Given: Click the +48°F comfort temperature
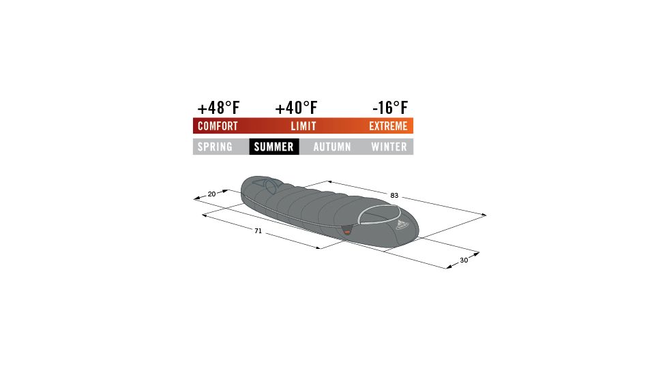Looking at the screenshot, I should [218, 108].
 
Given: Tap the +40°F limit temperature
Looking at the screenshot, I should [297, 108].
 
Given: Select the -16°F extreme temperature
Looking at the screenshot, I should [390, 108].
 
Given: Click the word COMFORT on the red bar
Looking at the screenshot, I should [218, 126].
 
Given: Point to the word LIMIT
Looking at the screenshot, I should [303, 126].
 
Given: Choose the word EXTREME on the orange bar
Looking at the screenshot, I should [388, 126].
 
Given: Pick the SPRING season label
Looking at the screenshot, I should [215, 147].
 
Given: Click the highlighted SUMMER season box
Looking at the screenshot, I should [273, 147].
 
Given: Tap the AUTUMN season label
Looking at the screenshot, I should [332, 147].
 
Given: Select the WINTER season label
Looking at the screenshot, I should [389, 147].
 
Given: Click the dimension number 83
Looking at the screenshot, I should [394, 196].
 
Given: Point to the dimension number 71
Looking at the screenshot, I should [258, 231].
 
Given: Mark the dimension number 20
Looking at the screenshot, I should [211, 194].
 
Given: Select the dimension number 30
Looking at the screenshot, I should [464, 260].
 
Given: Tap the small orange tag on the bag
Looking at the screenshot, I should [347, 233].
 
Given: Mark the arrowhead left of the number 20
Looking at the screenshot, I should [196, 199].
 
